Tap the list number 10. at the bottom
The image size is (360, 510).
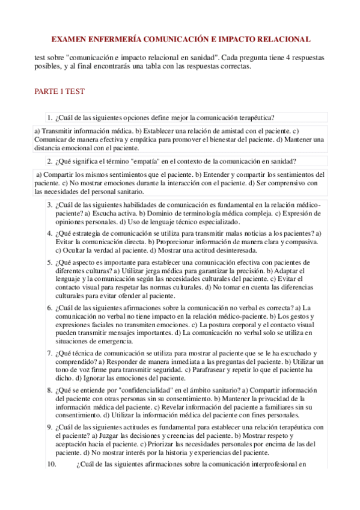pyautogui.click(x=51, y=464)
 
